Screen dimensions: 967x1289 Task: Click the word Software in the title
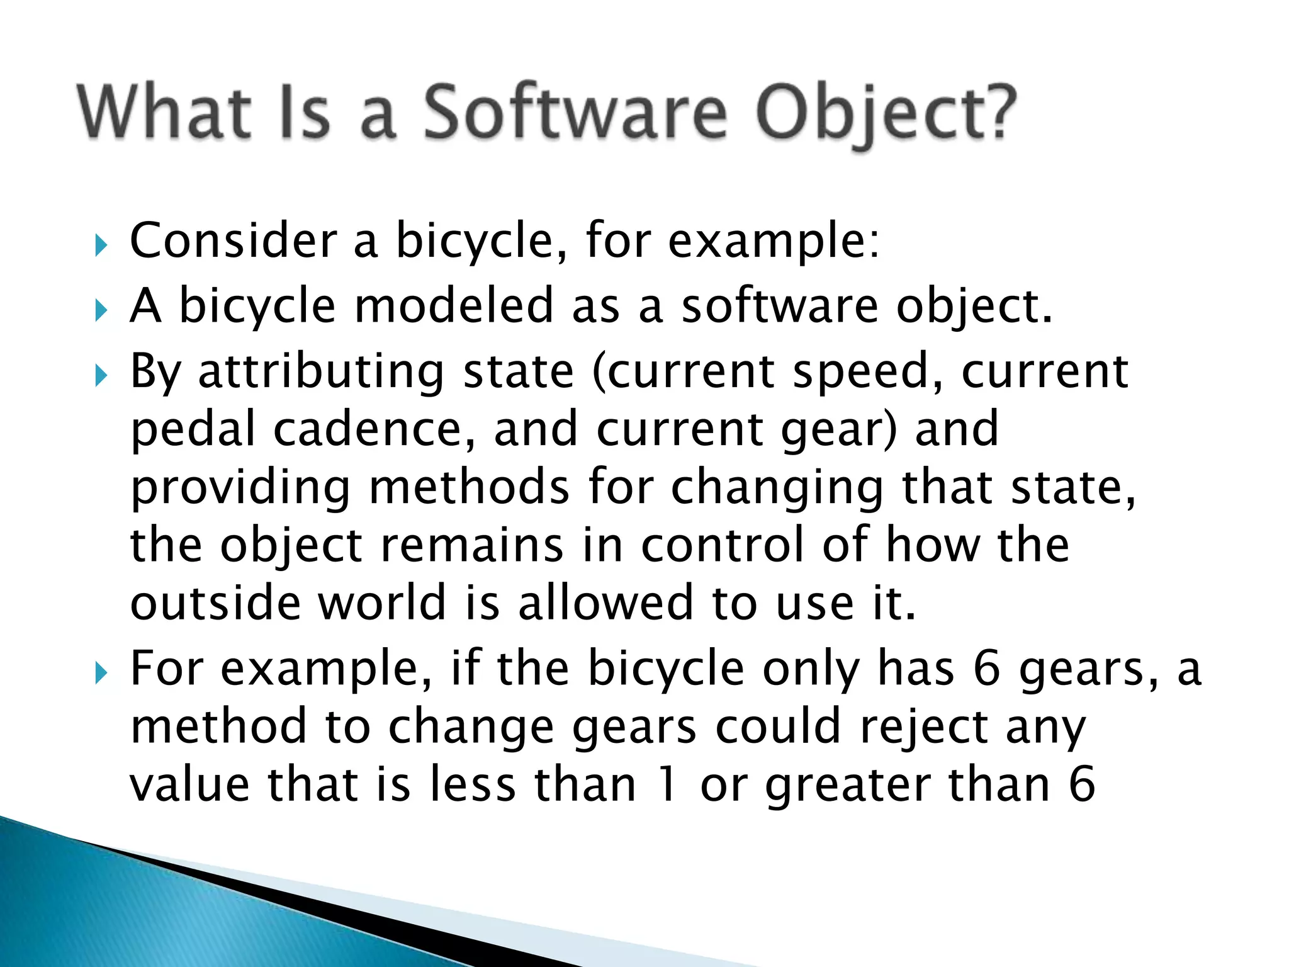pos(574,113)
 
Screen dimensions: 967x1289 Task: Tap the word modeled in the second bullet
pos(453,306)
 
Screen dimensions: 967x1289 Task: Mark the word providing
pos(240,489)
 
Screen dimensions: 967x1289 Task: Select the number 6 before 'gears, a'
pos(987,669)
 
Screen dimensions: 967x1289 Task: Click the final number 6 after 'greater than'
pos(1082,786)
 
